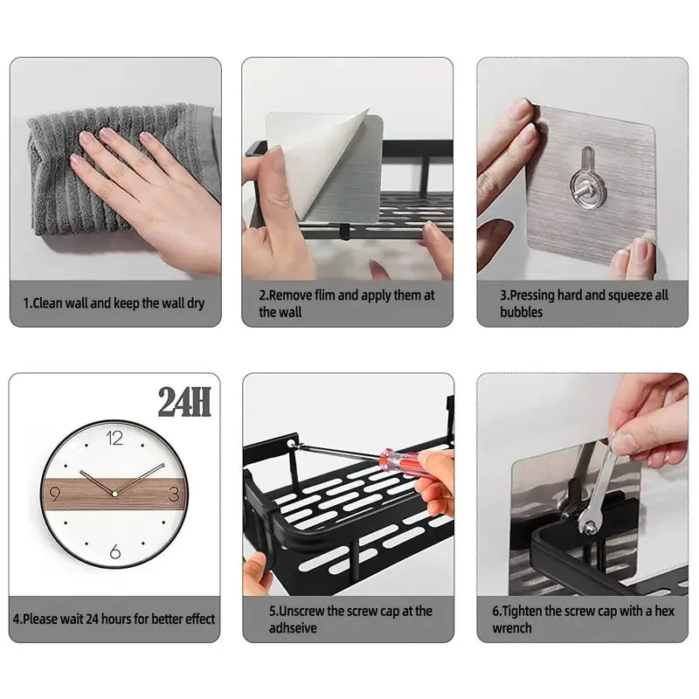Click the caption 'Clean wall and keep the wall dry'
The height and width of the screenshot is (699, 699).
coord(114,304)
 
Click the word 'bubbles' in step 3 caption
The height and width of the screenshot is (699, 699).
coord(522,312)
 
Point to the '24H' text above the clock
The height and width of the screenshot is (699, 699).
coord(184,402)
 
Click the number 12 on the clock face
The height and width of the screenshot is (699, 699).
coord(114,439)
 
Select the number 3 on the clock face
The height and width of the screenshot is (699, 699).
coord(173,495)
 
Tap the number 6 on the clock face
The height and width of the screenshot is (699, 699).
coord(114,552)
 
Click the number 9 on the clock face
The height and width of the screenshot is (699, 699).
coord(55,495)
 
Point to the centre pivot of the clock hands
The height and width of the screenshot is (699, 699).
coord(114,493)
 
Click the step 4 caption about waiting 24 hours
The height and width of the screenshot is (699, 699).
coord(114,619)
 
